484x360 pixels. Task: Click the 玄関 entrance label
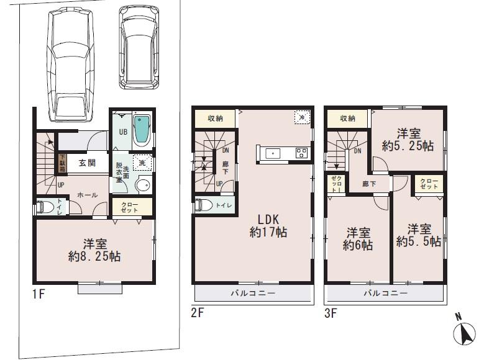(87, 163)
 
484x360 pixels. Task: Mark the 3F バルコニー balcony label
(385, 293)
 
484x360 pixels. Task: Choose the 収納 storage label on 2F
(215, 118)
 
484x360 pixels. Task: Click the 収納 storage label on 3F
(348, 118)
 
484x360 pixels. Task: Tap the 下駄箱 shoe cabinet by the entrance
(62, 163)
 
